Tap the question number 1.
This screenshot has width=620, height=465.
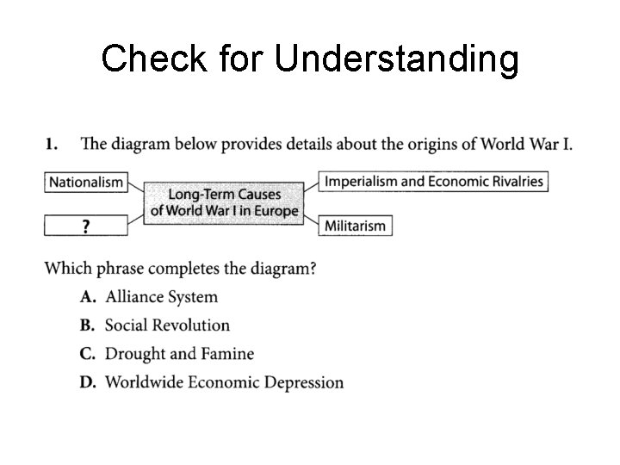click(x=51, y=144)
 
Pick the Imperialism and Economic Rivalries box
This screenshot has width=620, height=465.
click(x=434, y=182)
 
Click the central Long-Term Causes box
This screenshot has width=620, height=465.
click(x=224, y=203)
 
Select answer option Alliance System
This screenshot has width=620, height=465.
click(x=161, y=297)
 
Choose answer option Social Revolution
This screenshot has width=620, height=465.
click(x=167, y=325)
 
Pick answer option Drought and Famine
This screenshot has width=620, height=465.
click(x=179, y=354)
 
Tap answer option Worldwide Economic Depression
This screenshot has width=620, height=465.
click(x=224, y=382)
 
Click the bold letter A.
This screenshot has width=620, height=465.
click(x=87, y=297)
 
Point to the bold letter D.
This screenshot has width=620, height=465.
click(x=87, y=382)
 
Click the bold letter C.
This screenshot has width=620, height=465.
click(x=87, y=354)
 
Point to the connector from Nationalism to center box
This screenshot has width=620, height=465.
click(x=136, y=188)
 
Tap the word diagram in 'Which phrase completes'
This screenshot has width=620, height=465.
click(x=279, y=269)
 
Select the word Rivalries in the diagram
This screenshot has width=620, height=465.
click(x=513, y=182)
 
